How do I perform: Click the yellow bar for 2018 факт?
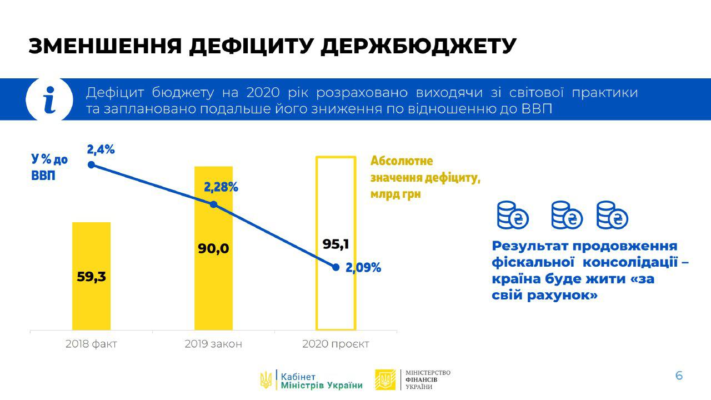[x=92, y=276]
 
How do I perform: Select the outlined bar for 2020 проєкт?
[x=317, y=243]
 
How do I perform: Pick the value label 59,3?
[x=92, y=277]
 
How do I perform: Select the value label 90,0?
[x=213, y=248]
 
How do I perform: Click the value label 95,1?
[x=336, y=244]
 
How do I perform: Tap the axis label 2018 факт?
[x=92, y=344]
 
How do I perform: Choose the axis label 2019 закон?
[x=213, y=344]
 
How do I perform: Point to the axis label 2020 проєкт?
[x=336, y=344]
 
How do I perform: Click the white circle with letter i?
[x=49, y=99]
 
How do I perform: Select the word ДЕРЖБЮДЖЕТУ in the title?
[x=418, y=46]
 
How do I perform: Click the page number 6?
[x=679, y=376]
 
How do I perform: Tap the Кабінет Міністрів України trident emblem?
[x=266, y=379]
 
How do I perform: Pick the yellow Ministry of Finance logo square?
[x=385, y=379]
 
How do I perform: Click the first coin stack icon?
[x=512, y=215]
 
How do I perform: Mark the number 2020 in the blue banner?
[x=263, y=93]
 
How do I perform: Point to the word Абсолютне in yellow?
[x=402, y=161]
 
